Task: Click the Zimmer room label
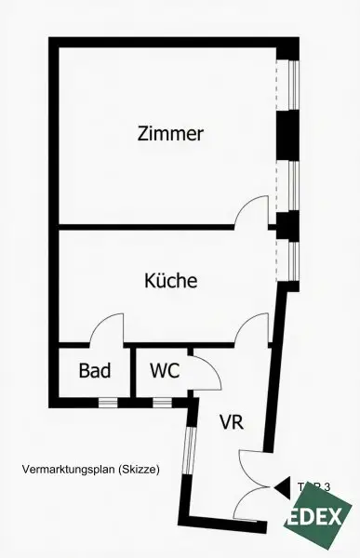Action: [x=169, y=134]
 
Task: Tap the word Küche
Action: [x=170, y=280]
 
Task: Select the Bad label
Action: [x=94, y=370]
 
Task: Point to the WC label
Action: [x=165, y=370]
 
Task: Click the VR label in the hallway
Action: [x=232, y=421]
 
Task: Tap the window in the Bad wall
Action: [x=109, y=403]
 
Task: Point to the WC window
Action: [x=163, y=403]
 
